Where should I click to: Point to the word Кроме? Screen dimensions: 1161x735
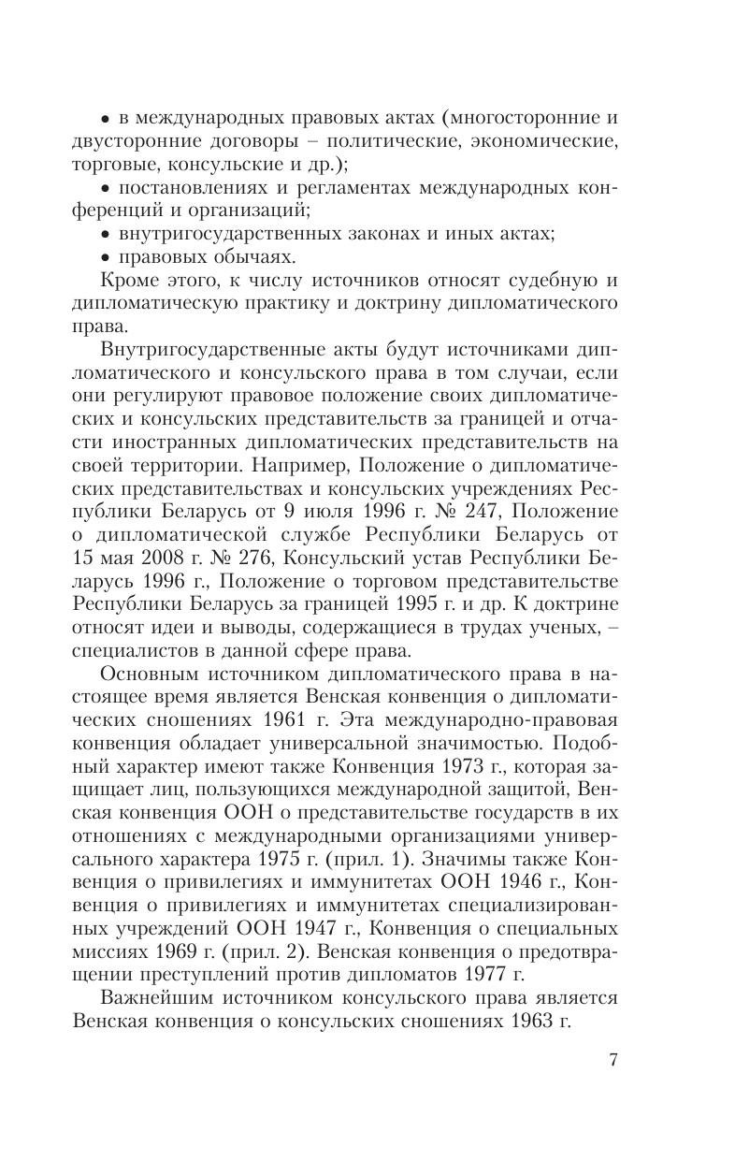pyautogui.click(x=128, y=279)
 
